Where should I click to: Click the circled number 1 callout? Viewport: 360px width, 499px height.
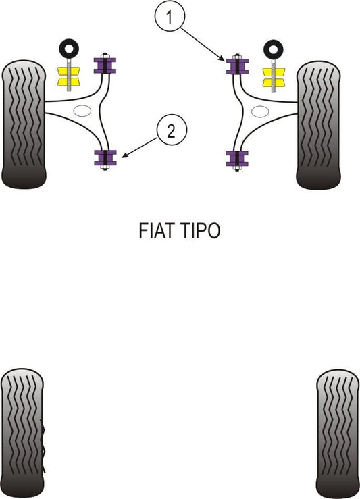pyautogui.click(x=170, y=16)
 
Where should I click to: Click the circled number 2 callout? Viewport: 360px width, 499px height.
pyautogui.click(x=172, y=130)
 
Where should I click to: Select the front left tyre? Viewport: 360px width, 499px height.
pyautogui.click(x=24, y=124)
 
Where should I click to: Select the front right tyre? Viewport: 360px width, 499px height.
pyautogui.click(x=318, y=125)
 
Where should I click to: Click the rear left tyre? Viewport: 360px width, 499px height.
pyautogui.click(x=22, y=433)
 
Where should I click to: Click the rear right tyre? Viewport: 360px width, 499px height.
pyautogui.click(x=338, y=434)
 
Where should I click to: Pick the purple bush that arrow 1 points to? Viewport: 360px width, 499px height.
pyautogui.click(x=237, y=66)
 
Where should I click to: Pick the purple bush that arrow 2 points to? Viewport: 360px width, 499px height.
pyautogui.click(x=105, y=158)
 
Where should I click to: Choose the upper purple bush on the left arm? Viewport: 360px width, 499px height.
pyautogui.click(x=105, y=65)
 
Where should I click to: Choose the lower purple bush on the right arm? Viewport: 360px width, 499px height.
pyautogui.click(x=237, y=159)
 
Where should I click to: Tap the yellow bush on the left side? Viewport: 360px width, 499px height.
pyautogui.click(x=69, y=76)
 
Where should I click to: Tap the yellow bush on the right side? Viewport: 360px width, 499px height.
pyautogui.click(x=274, y=78)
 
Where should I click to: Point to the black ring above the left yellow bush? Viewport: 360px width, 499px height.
pyautogui.click(x=69, y=49)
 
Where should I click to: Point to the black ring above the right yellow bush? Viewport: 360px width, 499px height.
pyautogui.click(x=273, y=49)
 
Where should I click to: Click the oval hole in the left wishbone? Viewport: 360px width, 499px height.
pyautogui.click(x=82, y=111)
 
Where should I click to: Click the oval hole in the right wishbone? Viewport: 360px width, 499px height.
pyautogui.click(x=260, y=111)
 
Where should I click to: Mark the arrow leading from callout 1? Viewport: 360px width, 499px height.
pyautogui.click(x=203, y=45)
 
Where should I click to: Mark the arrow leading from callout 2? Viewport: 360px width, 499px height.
pyautogui.click(x=139, y=148)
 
